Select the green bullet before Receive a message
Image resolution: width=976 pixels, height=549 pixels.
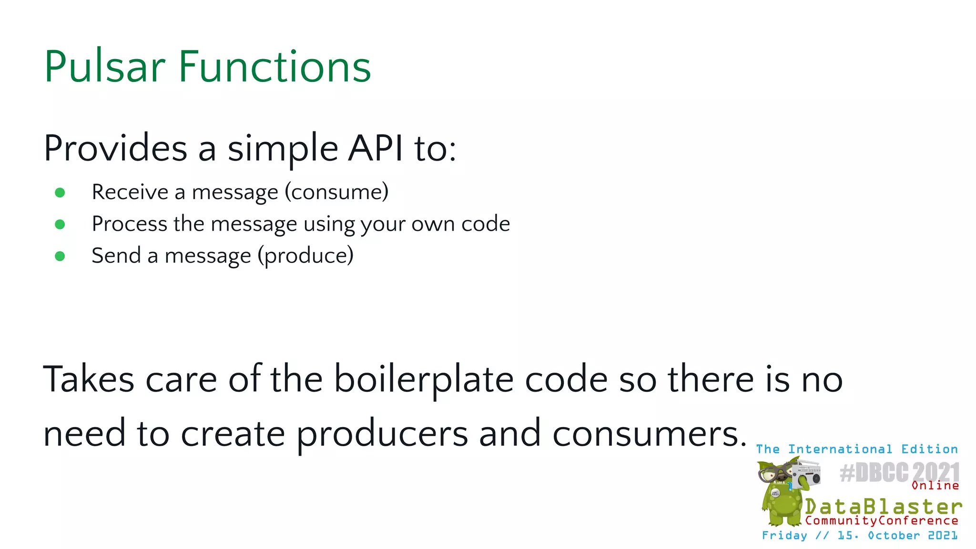tap(60, 193)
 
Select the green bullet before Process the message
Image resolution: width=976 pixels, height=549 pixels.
tap(60, 224)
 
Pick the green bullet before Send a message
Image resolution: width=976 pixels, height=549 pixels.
tap(60, 256)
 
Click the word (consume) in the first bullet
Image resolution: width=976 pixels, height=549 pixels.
tap(336, 192)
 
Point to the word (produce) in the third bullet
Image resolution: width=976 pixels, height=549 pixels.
tap(305, 256)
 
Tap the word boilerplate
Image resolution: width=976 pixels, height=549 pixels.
tap(423, 380)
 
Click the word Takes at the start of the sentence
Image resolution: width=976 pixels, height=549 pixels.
tap(89, 380)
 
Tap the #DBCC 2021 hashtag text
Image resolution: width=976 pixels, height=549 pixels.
tap(899, 473)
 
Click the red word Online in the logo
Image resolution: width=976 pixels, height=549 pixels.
tap(935, 486)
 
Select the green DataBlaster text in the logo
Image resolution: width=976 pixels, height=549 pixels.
tap(883, 506)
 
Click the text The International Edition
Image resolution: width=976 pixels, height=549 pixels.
tap(856, 449)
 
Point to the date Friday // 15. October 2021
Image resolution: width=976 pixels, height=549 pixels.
tap(859, 536)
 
